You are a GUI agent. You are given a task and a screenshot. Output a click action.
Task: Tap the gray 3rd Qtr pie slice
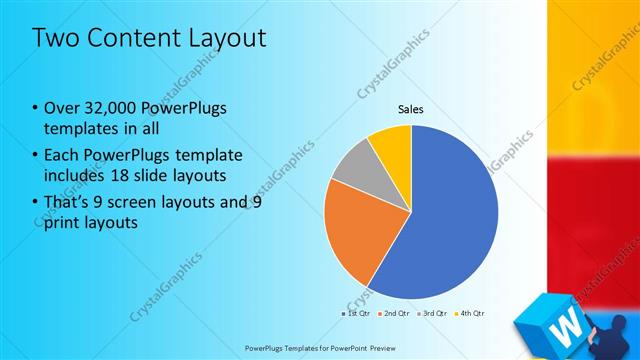(351, 166)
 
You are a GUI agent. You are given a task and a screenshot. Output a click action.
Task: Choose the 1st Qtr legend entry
(358, 313)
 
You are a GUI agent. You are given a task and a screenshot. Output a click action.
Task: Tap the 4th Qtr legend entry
(472, 313)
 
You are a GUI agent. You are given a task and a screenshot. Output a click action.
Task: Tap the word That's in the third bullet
(69, 202)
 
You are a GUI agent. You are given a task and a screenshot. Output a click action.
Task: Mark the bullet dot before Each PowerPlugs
(37, 155)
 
